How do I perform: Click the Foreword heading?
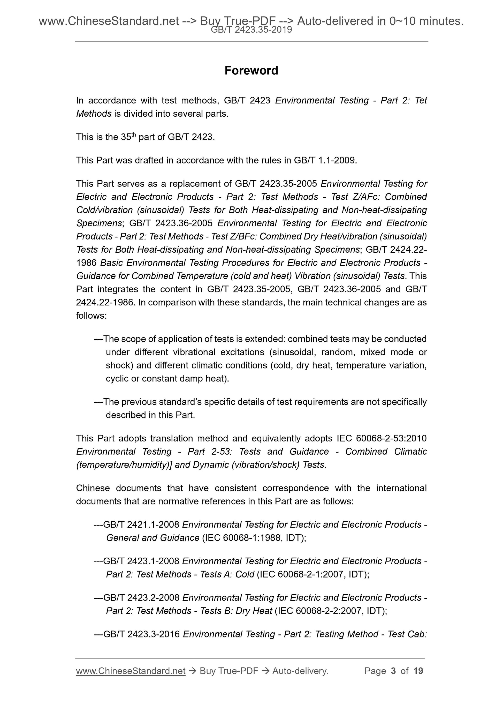click(251, 71)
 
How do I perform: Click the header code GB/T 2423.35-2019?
click(251, 30)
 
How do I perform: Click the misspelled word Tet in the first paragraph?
click(421, 100)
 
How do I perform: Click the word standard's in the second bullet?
click(179, 402)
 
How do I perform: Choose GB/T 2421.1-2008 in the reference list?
click(141, 524)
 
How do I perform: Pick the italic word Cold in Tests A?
click(245, 574)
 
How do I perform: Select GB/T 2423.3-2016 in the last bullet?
click(141, 634)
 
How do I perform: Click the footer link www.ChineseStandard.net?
click(131, 671)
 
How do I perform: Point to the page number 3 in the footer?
click(393, 671)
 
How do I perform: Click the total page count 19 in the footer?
click(418, 671)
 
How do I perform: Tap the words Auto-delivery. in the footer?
click(300, 671)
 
